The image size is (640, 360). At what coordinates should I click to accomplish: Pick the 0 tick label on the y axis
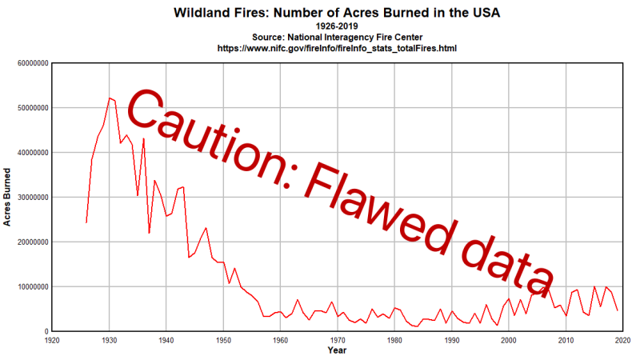[45, 331]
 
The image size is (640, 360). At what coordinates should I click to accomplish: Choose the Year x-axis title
[338, 350]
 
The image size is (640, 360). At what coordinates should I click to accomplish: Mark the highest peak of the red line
[110, 98]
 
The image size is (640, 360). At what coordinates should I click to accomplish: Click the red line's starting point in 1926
[86, 222]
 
